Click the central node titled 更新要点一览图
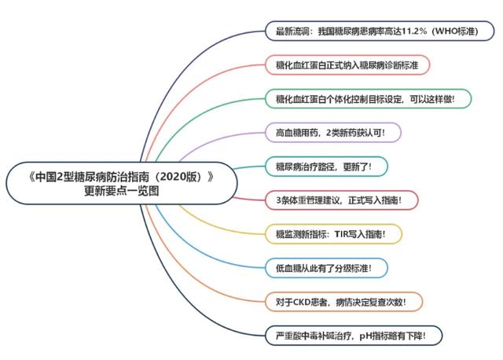click(x=122, y=183)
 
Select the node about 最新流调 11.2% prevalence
click(x=380, y=31)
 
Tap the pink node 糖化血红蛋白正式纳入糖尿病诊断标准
click(x=347, y=65)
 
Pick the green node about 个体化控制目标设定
click(x=369, y=99)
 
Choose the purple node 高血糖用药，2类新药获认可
click(x=333, y=133)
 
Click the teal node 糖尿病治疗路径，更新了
click(x=326, y=167)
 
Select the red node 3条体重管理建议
click(x=342, y=200)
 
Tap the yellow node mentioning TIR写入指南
click(x=333, y=234)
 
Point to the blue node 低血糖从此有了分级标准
click(x=326, y=268)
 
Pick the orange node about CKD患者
click(x=343, y=302)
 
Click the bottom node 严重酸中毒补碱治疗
click(x=354, y=336)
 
